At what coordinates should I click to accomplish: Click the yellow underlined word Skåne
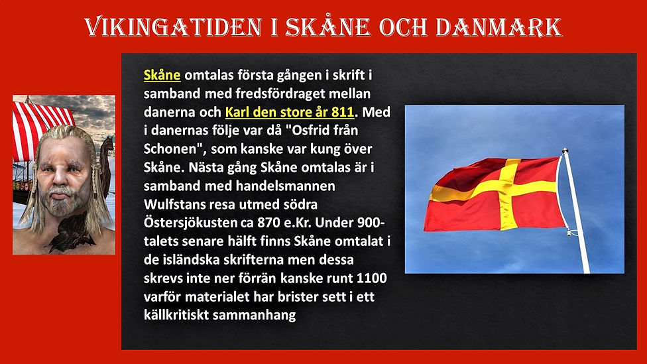[x=162, y=75]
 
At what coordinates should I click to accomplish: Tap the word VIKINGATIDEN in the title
[x=168, y=27]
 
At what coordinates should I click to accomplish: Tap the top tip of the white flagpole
[x=565, y=151]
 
